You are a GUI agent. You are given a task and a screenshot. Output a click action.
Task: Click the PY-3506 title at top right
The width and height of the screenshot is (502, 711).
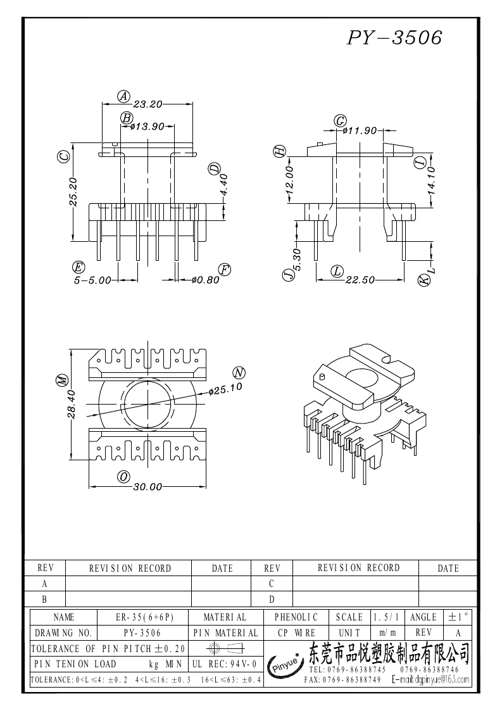394,39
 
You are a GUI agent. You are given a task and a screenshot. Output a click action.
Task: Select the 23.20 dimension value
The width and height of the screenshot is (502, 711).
149,104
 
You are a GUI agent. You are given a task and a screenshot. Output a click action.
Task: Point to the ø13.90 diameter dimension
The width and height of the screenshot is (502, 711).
147,126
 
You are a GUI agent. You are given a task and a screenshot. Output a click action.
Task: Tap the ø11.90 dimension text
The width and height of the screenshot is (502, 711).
360,130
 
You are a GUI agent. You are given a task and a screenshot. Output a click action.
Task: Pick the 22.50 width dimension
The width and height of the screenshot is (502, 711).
360,280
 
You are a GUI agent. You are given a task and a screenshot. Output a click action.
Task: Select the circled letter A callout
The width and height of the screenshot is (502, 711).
124,96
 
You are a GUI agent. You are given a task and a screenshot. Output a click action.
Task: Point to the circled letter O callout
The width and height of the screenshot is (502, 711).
124,477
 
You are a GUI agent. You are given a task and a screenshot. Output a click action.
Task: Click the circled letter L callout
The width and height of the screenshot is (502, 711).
337,271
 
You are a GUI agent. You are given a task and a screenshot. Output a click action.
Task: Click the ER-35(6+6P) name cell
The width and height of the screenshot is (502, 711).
145,617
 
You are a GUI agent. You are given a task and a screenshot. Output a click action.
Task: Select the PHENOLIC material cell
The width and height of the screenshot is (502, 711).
296,617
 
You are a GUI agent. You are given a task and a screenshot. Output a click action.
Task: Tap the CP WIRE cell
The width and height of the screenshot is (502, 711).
296,632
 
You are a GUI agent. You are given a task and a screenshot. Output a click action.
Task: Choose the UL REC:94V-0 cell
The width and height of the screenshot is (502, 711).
224,664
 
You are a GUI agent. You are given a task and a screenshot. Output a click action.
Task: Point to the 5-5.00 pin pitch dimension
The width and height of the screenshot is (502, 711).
92,280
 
